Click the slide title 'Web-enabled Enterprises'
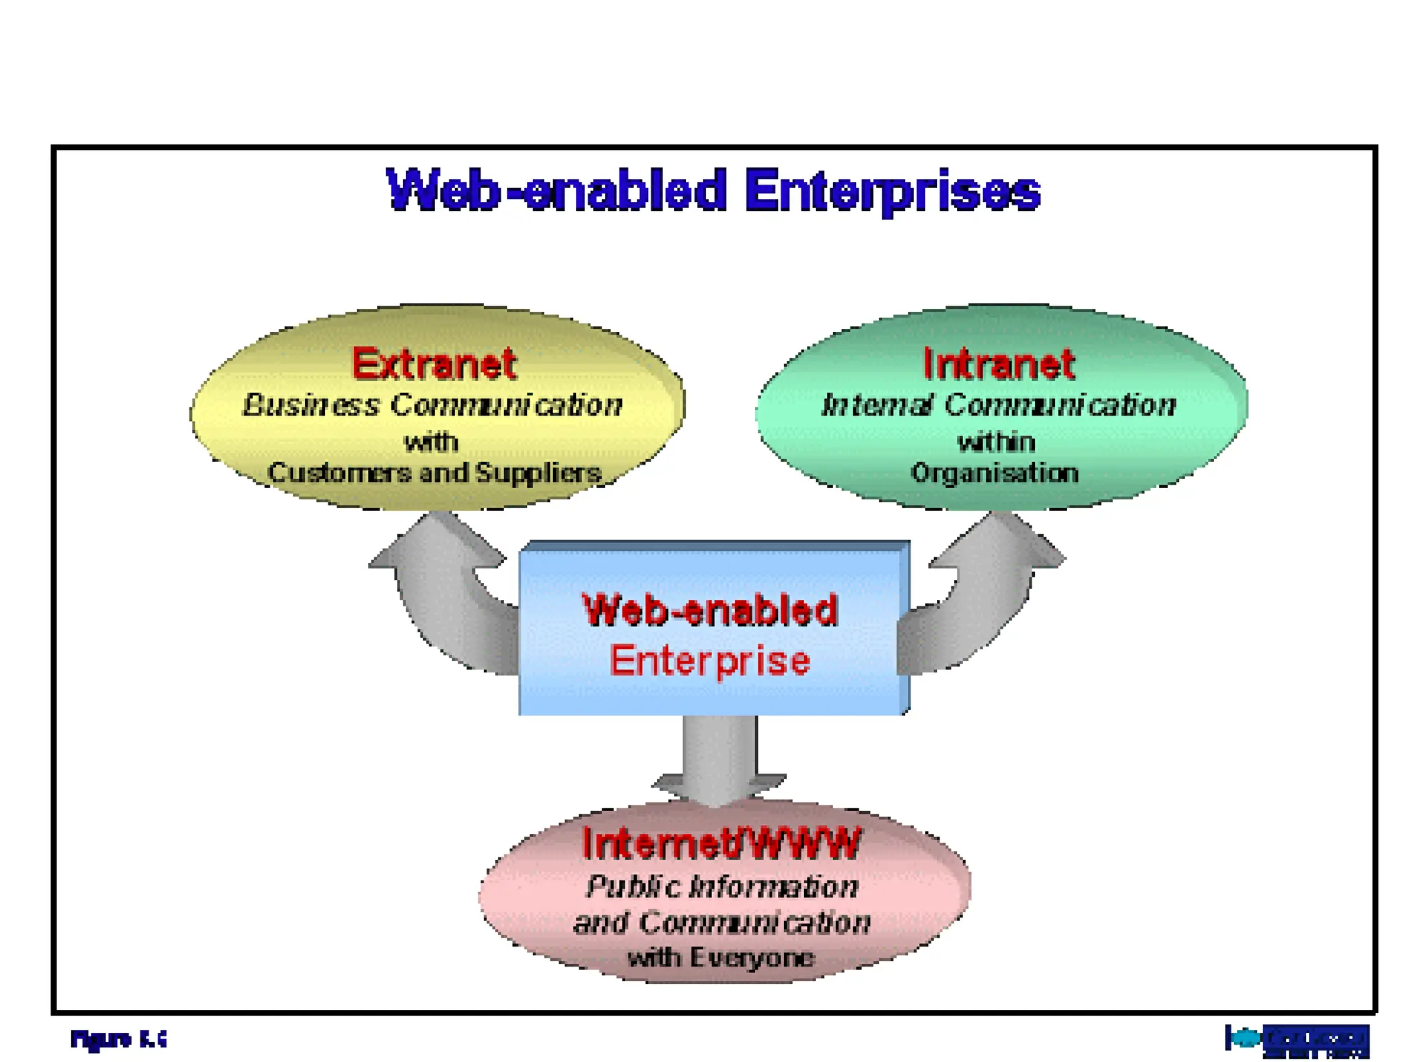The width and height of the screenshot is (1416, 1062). (714, 191)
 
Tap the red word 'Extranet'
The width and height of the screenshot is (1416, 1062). (434, 364)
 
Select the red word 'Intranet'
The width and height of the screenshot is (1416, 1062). (999, 364)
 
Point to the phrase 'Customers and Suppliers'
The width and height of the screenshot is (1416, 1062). (434, 474)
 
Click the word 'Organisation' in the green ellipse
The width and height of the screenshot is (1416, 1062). (995, 474)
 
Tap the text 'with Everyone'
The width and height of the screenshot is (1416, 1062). (721, 958)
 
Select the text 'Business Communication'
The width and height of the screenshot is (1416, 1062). (433, 405)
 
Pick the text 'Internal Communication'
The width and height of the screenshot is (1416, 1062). (998, 405)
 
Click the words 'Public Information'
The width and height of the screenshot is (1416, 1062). (722, 887)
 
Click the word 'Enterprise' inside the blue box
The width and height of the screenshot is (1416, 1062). (710, 660)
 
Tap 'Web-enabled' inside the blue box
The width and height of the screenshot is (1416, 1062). (710, 611)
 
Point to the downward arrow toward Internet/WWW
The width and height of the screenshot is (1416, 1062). (719, 761)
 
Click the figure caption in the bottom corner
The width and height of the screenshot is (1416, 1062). (118, 1038)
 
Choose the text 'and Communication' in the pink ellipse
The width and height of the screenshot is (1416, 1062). (722, 923)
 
